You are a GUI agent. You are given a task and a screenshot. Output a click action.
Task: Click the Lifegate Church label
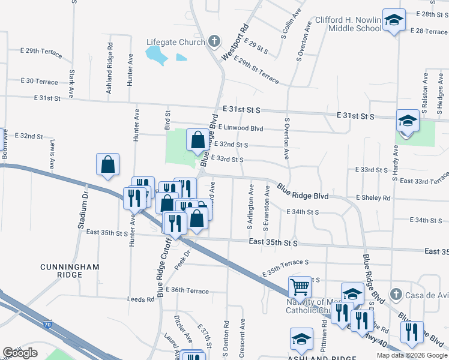(176, 42)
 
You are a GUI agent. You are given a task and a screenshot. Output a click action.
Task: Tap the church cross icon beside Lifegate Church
(214, 42)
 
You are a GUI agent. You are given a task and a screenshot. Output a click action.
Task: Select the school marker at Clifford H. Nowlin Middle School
(394, 22)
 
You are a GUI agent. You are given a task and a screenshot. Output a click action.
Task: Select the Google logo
(20, 353)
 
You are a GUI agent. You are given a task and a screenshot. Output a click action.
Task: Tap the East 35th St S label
(273, 243)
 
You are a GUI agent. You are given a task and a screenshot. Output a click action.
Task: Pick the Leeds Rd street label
(140, 299)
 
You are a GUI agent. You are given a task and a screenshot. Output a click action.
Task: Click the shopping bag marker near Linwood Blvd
(198, 141)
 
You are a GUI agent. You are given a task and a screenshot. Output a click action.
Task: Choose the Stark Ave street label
(71, 84)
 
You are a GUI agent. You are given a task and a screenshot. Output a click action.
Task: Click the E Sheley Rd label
(373, 197)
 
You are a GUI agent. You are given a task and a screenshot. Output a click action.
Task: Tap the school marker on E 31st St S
(407, 121)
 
